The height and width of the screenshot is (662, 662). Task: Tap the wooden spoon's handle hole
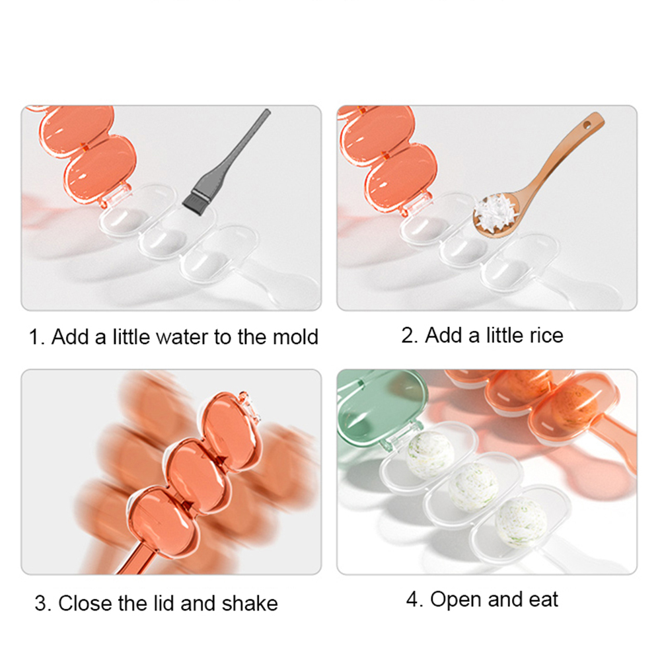[587, 125]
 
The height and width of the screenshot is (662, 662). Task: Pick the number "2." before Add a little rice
[409, 336]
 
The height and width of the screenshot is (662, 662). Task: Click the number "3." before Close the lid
[43, 603]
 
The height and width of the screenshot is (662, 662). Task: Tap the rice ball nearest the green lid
[430, 455]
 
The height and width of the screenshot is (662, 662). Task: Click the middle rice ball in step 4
[473, 487]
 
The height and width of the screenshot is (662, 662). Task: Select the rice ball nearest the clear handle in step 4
[521, 522]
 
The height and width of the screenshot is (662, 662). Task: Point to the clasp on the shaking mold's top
[247, 405]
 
